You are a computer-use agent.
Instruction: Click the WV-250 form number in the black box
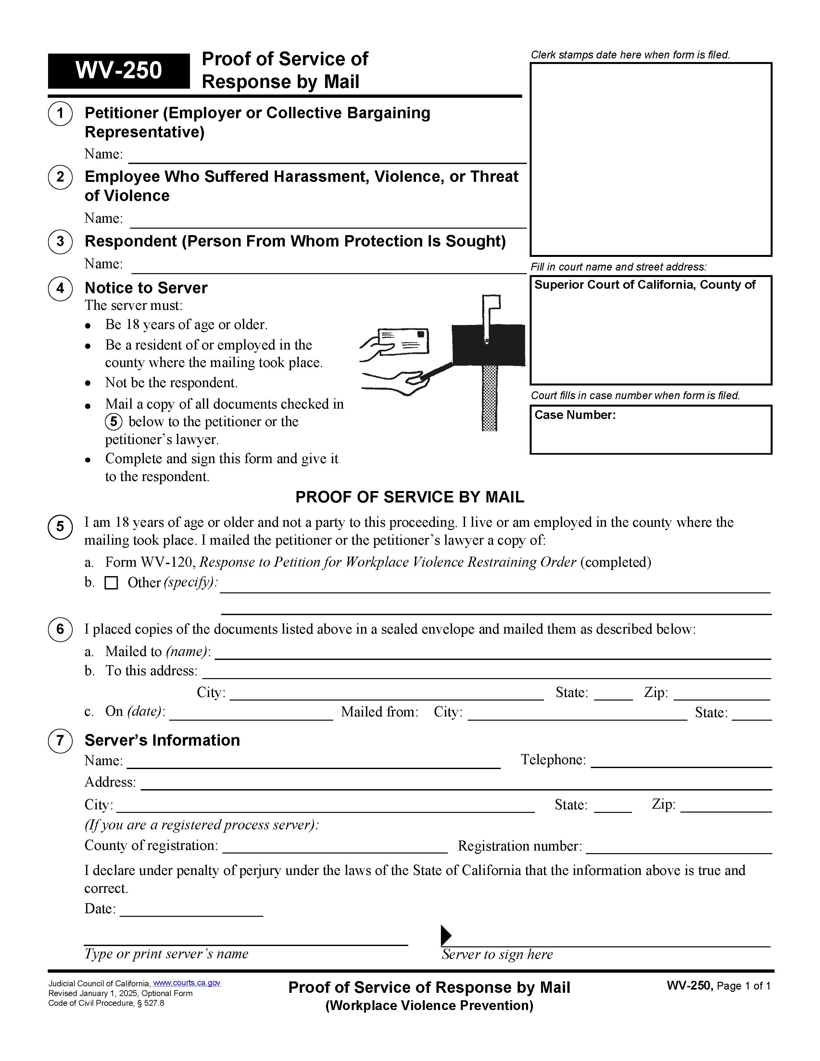click(x=119, y=70)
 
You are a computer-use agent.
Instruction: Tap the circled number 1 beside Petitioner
click(x=60, y=114)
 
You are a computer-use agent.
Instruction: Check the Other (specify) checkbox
click(x=111, y=583)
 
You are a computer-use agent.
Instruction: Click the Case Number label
click(x=575, y=415)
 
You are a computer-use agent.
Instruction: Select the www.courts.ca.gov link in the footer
click(x=186, y=983)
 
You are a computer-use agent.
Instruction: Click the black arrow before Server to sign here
click(x=446, y=935)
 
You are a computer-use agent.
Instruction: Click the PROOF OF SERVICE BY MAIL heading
click(x=410, y=497)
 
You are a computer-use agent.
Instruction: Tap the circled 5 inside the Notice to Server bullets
click(x=113, y=422)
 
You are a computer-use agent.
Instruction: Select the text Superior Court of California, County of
click(x=645, y=285)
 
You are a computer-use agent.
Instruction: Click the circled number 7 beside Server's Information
click(x=60, y=741)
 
